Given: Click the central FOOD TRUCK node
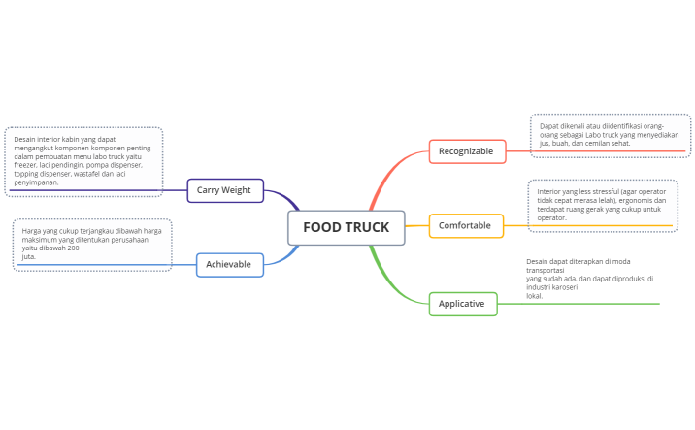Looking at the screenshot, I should pyautogui.click(x=346, y=227).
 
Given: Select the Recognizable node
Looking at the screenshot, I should pyautogui.click(x=466, y=150).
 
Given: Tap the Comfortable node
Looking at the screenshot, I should pyautogui.click(x=465, y=225).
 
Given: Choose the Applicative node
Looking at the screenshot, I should pyautogui.click(x=462, y=304).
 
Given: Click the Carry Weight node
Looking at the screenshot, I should pyautogui.click(x=224, y=190).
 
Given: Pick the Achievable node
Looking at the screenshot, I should pyautogui.click(x=229, y=264).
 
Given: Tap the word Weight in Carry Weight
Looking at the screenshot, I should pyautogui.click(x=236, y=190).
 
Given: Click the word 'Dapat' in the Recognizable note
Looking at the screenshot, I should pyautogui.click(x=548, y=126).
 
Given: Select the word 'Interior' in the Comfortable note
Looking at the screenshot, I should pyautogui.click(x=549, y=191).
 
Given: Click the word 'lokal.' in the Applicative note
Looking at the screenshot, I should pyautogui.click(x=535, y=296).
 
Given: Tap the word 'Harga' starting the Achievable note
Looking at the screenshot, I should pyautogui.click(x=31, y=231).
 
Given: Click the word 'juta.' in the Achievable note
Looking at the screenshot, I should pyautogui.click(x=29, y=257).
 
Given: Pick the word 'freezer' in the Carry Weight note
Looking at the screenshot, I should pyautogui.click(x=25, y=165).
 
